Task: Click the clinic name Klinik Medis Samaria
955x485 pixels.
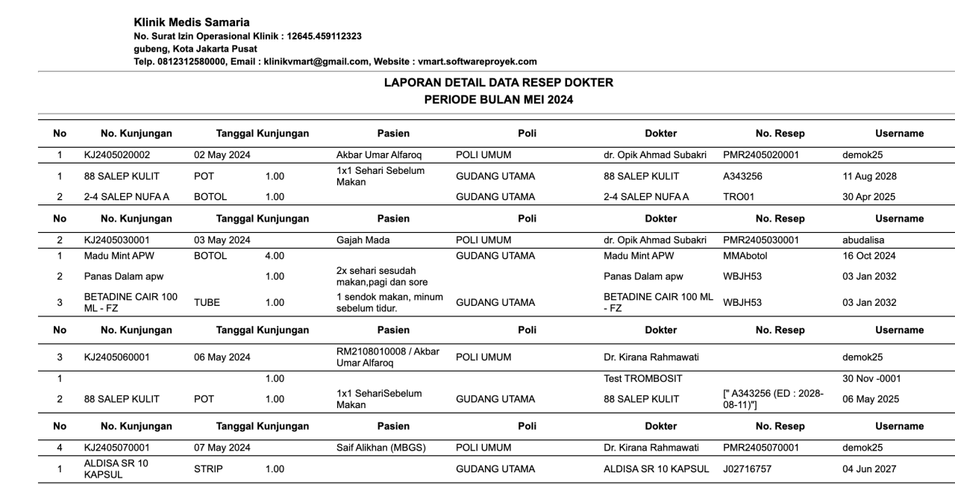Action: [192, 22]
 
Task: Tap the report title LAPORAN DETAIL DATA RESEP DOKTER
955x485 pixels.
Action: [498, 83]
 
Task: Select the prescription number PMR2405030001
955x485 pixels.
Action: [761, 240]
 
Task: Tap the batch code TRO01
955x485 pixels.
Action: [737, 197]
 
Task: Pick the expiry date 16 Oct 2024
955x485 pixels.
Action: [869, 256]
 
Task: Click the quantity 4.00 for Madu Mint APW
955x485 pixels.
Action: [275, 256]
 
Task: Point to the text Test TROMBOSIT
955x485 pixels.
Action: [643, 379]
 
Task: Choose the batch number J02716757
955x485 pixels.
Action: [750, 469]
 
